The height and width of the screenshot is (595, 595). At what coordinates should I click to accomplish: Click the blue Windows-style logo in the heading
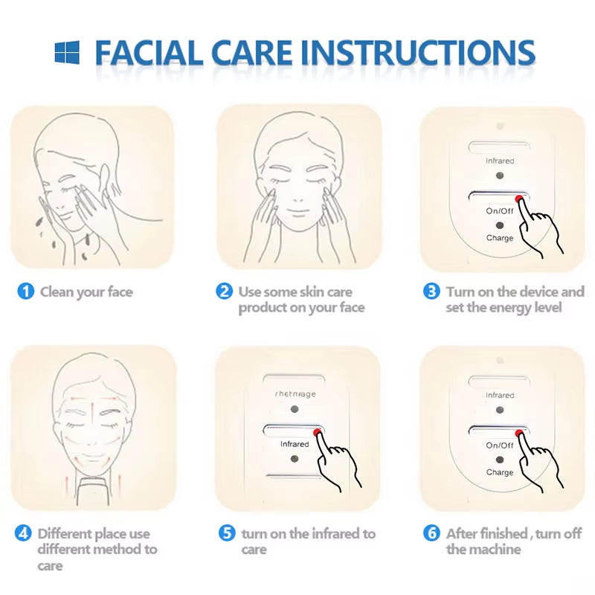tap(67, 52)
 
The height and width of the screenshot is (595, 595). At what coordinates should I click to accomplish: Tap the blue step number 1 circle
tap(25, 292)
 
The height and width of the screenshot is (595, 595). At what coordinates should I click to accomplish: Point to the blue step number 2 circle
tap(224, 292)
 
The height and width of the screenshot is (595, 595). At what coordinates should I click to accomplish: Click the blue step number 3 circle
tap(431, 292)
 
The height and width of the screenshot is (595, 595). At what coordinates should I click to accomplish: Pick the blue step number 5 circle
tap(227, 533)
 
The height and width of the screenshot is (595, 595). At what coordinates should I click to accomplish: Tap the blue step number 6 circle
tap(431, 533)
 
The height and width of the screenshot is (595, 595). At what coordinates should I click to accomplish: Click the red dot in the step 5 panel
tap(318, 431)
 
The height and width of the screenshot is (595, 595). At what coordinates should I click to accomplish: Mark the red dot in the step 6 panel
tap(518, 433)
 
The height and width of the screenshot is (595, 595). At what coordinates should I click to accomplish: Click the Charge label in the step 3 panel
tap(500, 238)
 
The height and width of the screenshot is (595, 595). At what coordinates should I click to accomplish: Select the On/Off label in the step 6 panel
tap(500, 446)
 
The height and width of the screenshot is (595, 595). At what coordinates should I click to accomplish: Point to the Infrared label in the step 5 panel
tap(295, 444)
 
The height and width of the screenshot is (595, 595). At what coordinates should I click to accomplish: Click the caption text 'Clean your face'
tap(86, 292)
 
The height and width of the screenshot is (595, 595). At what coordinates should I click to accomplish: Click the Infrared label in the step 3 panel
tap(500, 161)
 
